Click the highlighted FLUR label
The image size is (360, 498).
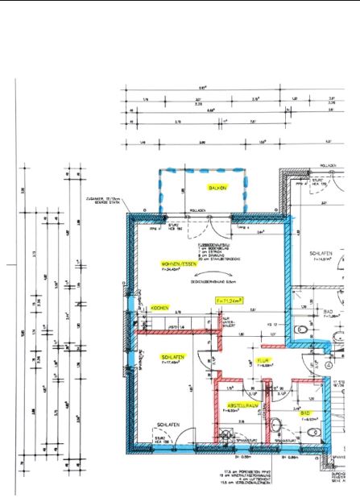[262, 360]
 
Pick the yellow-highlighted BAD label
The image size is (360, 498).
[305, 413]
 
